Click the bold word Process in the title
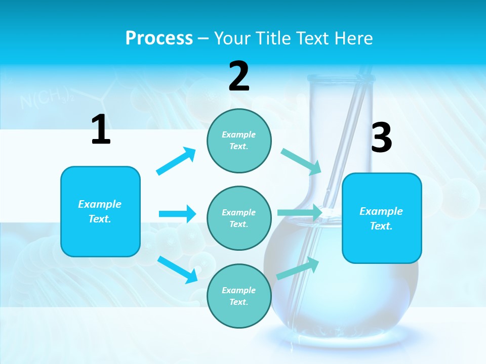[x=159, y=38]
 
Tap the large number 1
[x=101, y=130]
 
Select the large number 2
[x=239, y=77]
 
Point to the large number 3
[x=381, y=138]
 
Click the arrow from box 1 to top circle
[x=176, y=161]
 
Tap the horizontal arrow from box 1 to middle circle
[x=177, y=214]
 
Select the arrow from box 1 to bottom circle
[x=177, y=269]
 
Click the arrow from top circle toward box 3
[x=301, y=162]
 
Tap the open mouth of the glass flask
[x=341, y=78]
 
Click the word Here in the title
[x=354, y=38]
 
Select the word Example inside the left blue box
[x=100, y=204]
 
